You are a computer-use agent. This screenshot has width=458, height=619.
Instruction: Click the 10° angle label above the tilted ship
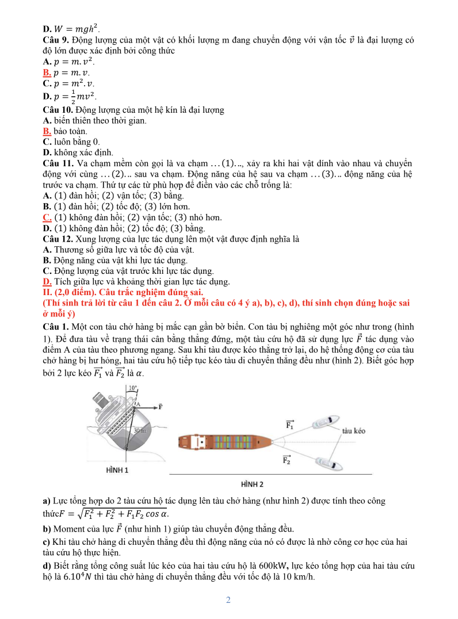click(x=132, y=388)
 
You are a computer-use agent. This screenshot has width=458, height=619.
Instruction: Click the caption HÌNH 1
click(x=117, y=470)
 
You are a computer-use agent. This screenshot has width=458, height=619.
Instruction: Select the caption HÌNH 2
click(x=252, y=484)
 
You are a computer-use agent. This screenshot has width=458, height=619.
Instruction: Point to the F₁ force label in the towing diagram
click(x=290, y=425)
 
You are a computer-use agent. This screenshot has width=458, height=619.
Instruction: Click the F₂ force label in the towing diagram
click(x=287, y=459)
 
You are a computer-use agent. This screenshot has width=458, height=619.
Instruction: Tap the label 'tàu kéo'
click(x=353, y=430)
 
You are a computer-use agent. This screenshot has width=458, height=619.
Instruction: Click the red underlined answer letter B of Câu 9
click(x=47, y=72)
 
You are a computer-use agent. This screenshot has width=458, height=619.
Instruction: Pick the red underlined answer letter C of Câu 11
click(x=47, y=217)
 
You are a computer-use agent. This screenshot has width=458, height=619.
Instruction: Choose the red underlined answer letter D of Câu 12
click(x=47, y=281)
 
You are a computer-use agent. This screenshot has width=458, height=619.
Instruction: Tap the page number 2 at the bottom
click(x=228, y=601)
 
